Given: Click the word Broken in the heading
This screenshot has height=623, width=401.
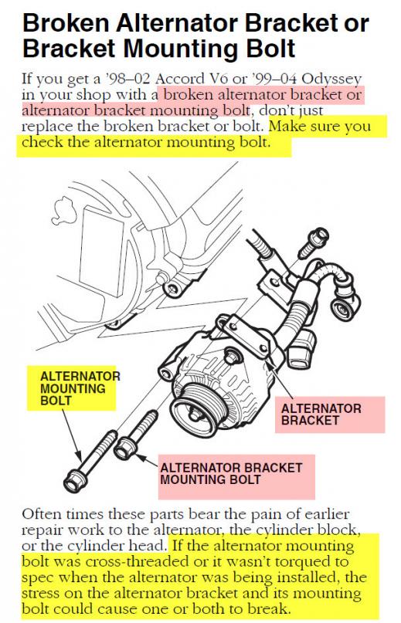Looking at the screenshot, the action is [x=66, y=23].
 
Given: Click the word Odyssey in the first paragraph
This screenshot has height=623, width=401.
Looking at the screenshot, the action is [x=331, y=80].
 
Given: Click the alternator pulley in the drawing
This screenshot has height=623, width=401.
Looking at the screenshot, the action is [x=194, y=412].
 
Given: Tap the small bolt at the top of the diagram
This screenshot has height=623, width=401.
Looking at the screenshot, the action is [x=313, y=242].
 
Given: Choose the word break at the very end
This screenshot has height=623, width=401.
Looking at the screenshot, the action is [x=267, y=608].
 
